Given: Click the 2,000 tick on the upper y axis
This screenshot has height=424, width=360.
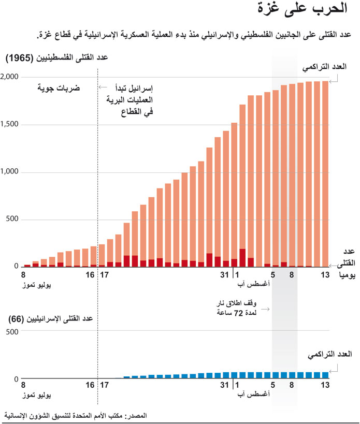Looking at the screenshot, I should click(x=10, y=77).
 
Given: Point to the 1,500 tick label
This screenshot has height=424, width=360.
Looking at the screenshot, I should click(x=10, y=125).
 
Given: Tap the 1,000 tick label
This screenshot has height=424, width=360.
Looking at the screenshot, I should click(x=10, y=172).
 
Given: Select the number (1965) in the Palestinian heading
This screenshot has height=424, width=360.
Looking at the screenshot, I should click(x=20, y=59).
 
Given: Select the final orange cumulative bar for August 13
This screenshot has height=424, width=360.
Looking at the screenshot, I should click(x=325, y=173).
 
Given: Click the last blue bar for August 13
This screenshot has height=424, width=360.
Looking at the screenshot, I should click(x=325, y=375).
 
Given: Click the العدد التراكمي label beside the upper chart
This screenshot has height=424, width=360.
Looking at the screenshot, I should click(x=327, y=68).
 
